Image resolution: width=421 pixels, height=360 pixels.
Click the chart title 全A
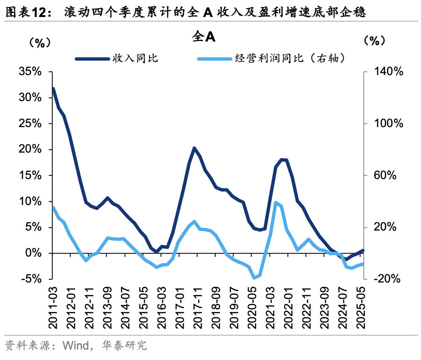click(x=204, y=37)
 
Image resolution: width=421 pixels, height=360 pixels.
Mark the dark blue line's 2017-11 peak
click(x=194, y=148)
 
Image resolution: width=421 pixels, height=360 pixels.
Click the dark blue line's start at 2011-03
click(x=53, y=88)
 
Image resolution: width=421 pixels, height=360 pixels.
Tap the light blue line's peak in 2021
click(x=276, y=203)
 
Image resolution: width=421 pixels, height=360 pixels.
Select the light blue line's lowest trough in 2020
click(x=254, y=278)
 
